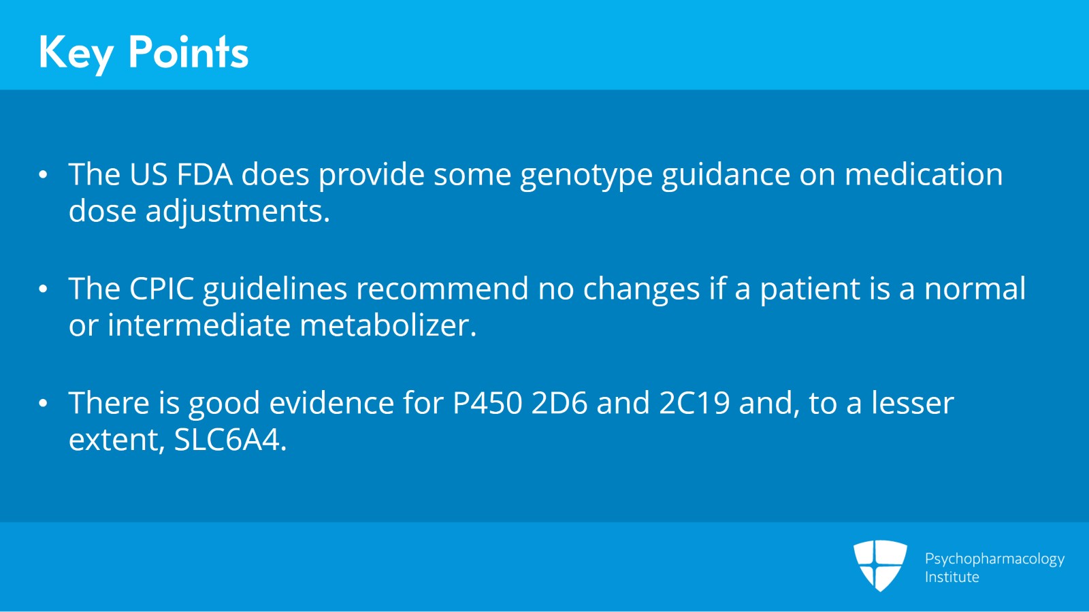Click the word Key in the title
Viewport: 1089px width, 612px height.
point(75,53)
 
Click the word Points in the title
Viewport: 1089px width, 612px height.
point(189,52)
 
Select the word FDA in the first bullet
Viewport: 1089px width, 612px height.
point(204,175)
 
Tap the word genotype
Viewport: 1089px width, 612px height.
point(586,176)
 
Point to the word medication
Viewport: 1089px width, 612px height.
point(923,175)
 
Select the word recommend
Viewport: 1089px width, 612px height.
point(442,289)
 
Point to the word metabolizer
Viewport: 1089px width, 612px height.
point(388,325)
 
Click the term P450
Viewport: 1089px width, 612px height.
point(487,404)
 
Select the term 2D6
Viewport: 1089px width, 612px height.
point(559,404)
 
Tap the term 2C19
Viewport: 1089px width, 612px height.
point(694,404)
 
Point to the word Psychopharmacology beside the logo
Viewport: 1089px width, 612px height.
point(994,559)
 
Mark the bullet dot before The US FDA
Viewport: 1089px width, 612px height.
point(44,175)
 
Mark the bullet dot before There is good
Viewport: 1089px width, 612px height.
point(44,404)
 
